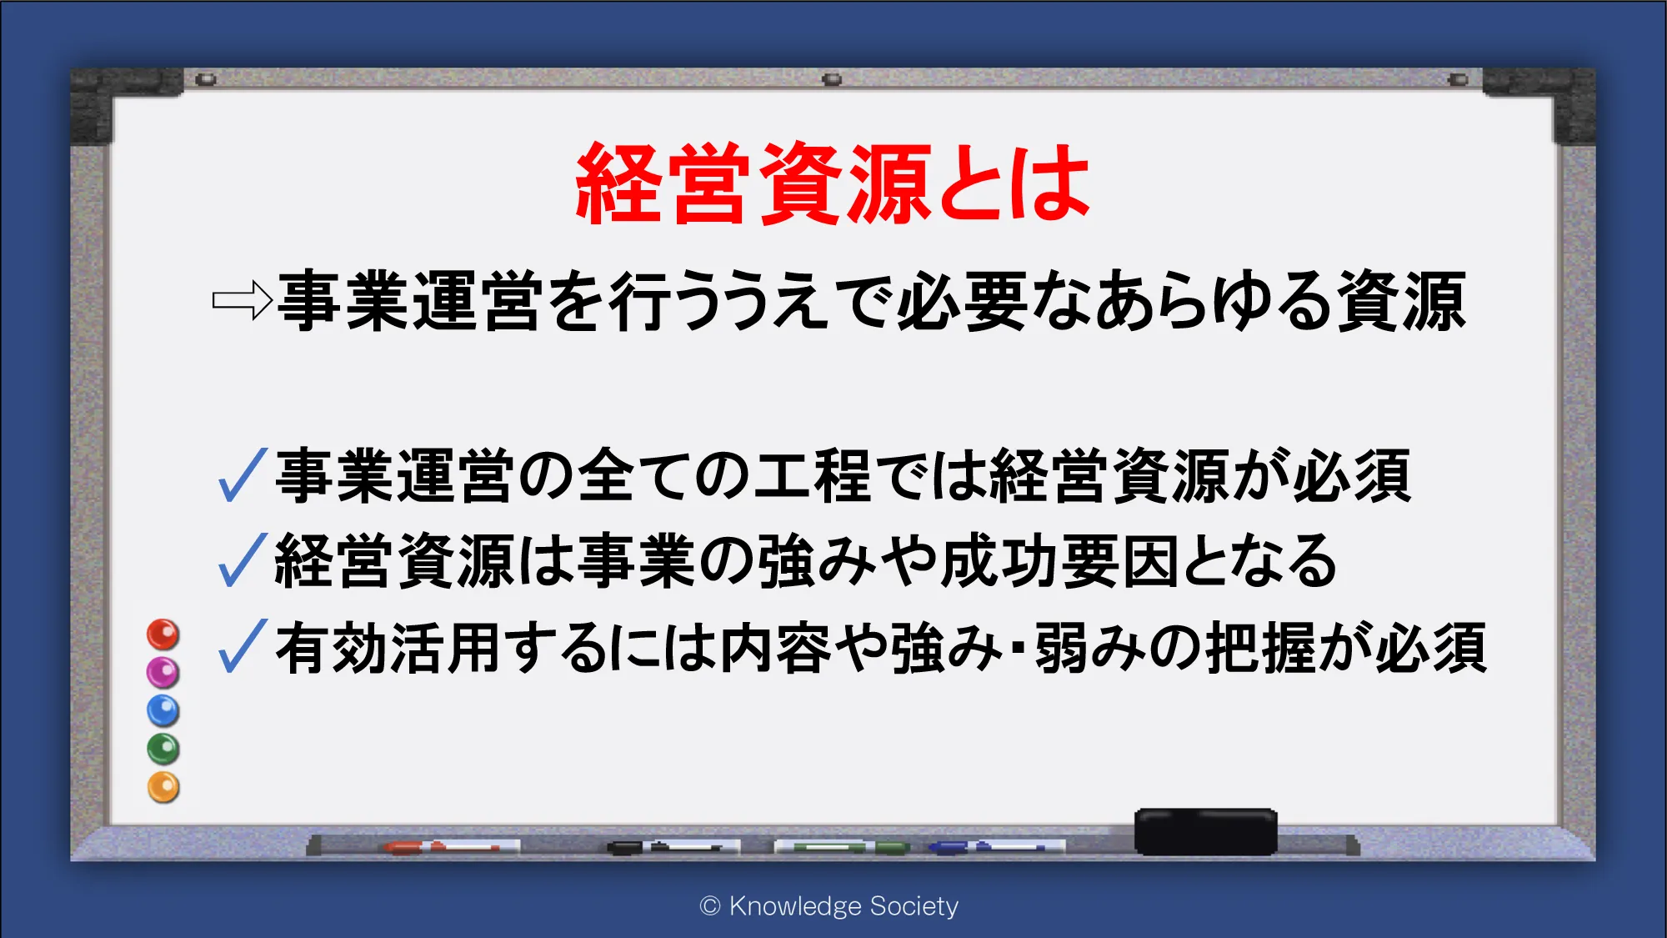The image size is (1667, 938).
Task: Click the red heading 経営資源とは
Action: (x=833, y=183)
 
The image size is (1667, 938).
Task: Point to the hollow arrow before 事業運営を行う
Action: (x=243, y=301)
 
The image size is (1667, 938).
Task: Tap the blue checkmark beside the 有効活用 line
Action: (x=243, y=646)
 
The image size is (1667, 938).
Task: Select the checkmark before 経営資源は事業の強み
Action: (x=243, y=560)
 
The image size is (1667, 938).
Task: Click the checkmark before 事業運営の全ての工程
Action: (x=243, y=475)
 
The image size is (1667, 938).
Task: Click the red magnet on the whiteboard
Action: (x=163, y=635)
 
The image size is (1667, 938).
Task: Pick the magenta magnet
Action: (x=163, y=672)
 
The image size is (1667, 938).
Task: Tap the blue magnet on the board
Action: (x=163, y=710)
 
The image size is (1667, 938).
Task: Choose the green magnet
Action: (x=163, y=749)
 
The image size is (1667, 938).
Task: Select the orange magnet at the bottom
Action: (x=163, y=787)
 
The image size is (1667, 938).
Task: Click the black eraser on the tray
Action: (x=1206, y=831)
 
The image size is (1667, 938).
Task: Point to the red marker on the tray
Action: (x=442, y=847)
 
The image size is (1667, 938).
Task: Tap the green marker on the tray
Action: (x=842, y=848)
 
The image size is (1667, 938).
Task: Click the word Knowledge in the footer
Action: (x=795, y=906)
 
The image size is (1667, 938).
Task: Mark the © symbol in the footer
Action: (x=710, y=906)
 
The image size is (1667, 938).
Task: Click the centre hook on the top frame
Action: (x=832, y=79)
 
